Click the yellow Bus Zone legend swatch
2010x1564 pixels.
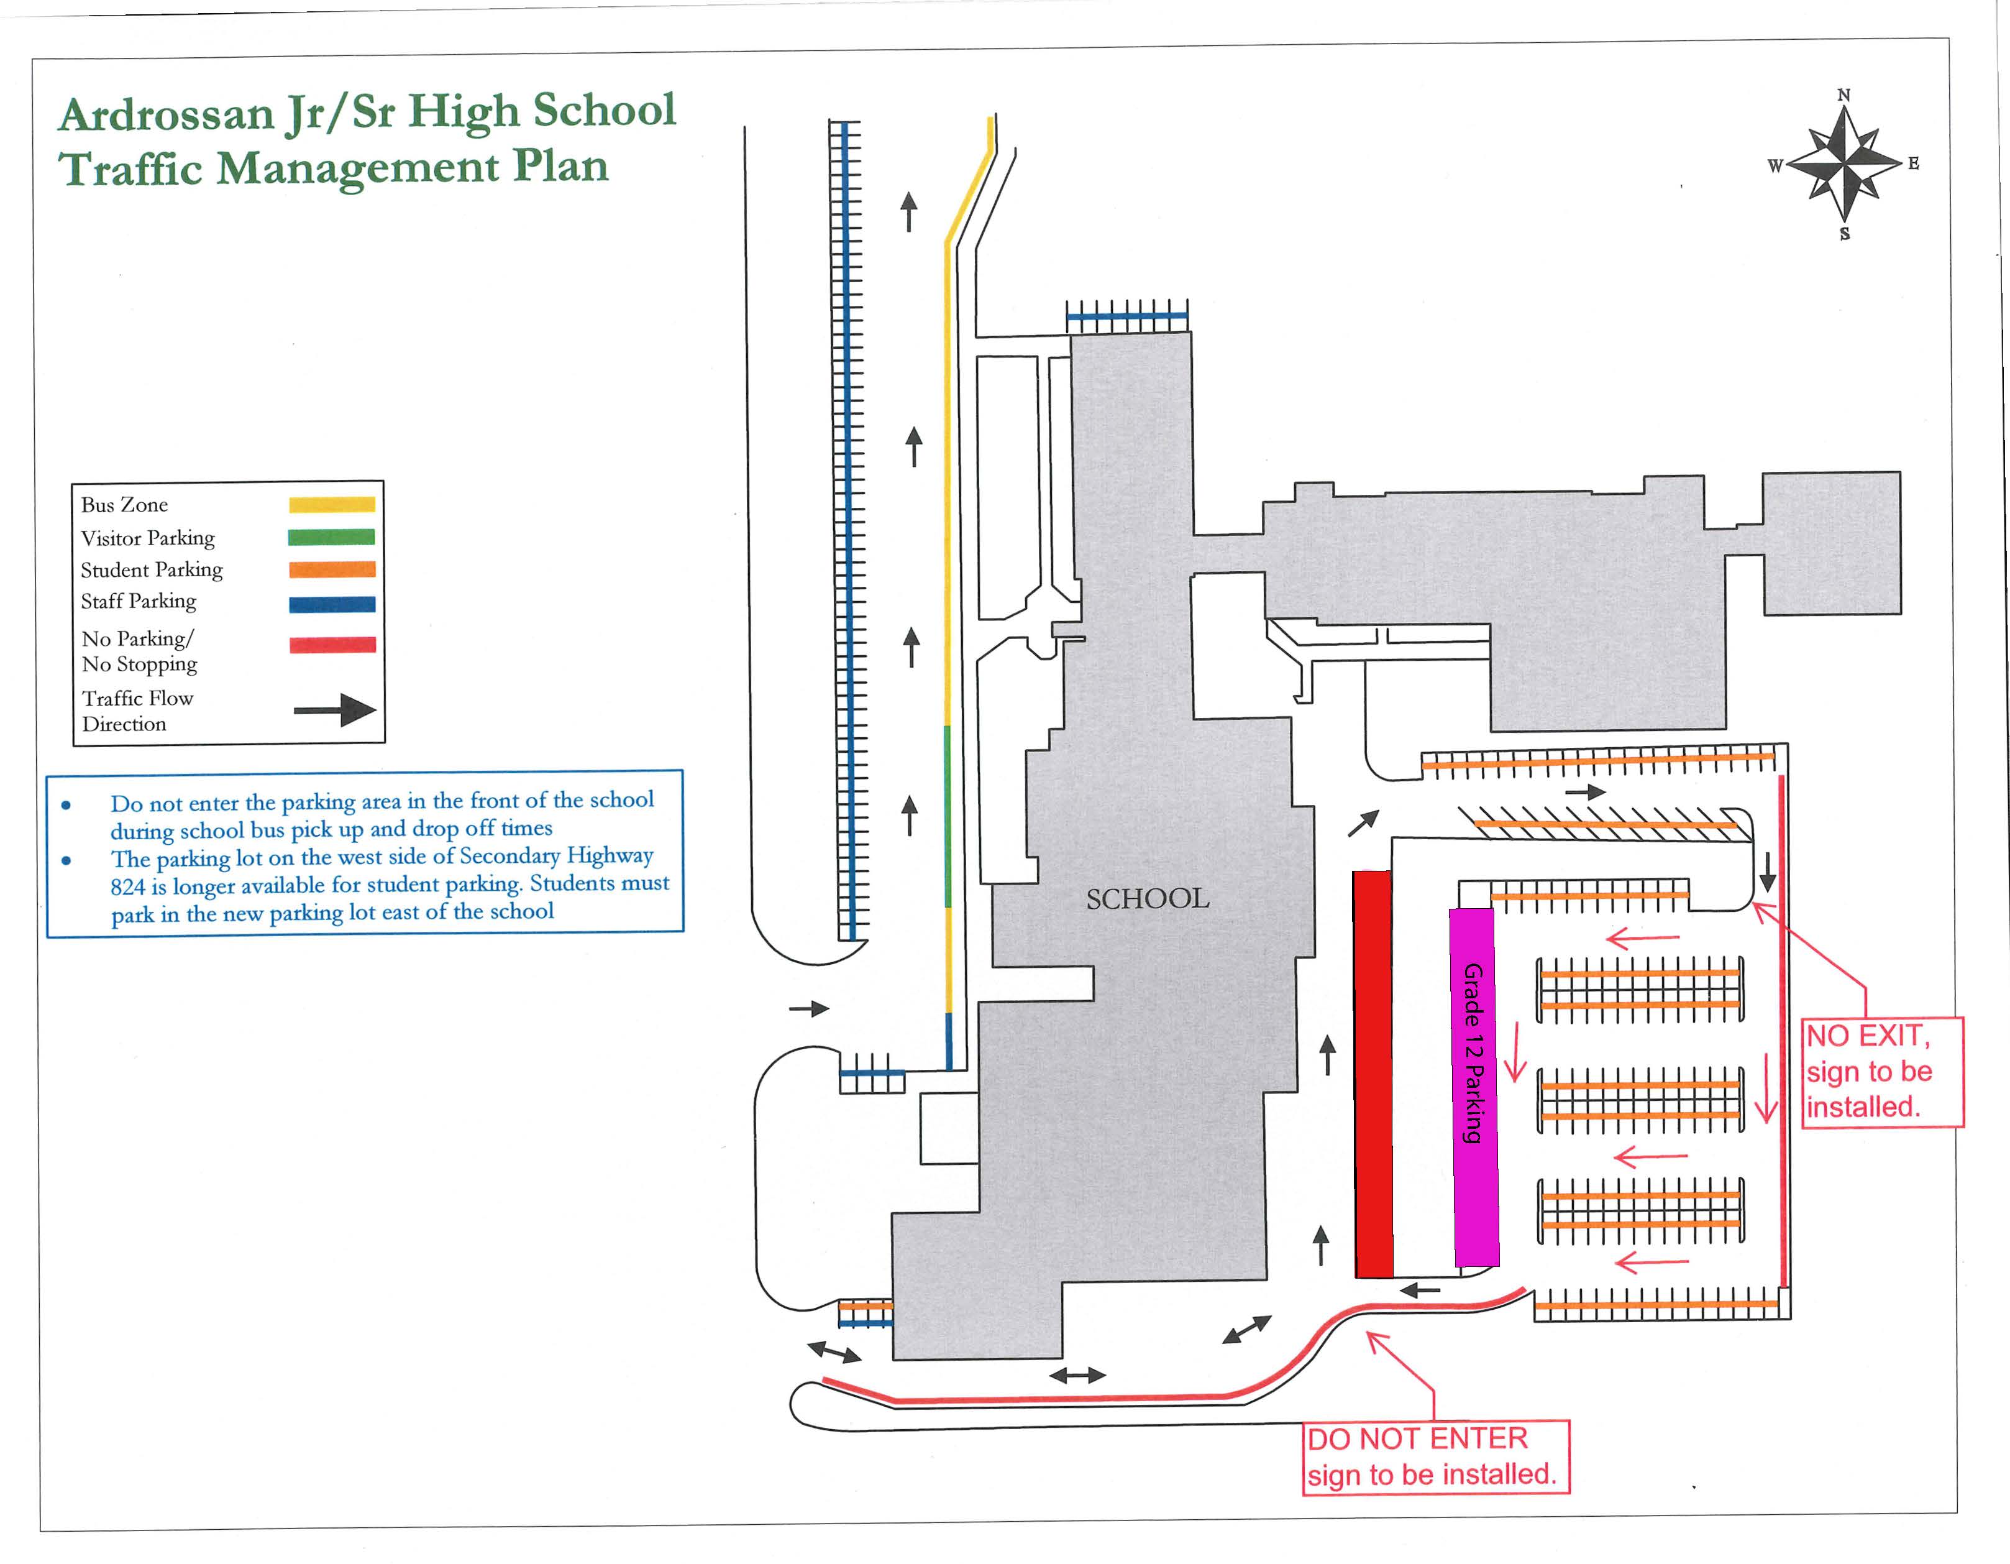click(331, 505)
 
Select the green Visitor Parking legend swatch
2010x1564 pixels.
click(331, 538)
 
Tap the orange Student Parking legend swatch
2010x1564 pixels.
click(331, 570)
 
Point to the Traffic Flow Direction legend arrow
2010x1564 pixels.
click(335, 710)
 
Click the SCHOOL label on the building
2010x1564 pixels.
click(1148, 898)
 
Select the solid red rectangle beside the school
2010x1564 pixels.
click(1373, 1074)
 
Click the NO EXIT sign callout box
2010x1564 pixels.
click(1882, 1072)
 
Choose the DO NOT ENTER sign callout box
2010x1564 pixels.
click(1435, 1457)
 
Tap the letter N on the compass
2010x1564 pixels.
click(1843, 96)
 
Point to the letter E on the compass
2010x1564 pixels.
click(1913, 164)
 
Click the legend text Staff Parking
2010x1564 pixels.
click(138, 602)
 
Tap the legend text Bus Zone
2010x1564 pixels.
click(124, 505)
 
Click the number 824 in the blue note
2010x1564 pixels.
click(128, 888)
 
